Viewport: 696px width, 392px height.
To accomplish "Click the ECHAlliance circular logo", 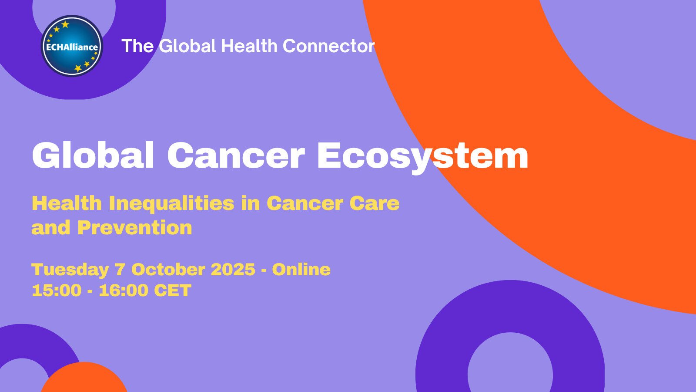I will point(72,46).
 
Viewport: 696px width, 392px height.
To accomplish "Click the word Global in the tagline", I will point(187,46).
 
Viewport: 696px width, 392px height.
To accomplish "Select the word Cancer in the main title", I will point(235,156).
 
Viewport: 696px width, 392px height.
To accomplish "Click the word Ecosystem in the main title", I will point(422,156).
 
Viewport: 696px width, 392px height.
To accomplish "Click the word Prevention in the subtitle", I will point(135,228).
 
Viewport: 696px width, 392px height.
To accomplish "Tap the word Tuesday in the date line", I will point(70,270).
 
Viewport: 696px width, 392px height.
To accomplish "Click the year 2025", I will point(233,270).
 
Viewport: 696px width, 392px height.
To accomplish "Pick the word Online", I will point(301,270).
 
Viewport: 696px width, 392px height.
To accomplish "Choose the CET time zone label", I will point(173,291).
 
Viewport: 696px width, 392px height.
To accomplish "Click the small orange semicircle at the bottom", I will point(84,379).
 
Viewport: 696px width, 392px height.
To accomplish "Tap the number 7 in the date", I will point(120,270).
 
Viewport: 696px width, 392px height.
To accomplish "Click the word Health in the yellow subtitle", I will point(67,204).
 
